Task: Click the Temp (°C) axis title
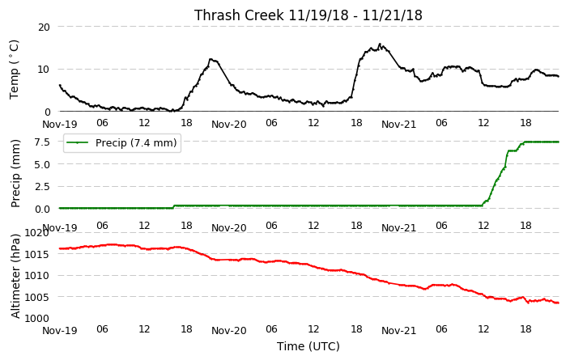click(14, 70)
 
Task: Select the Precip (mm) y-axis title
click(15, 174)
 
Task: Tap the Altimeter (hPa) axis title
click(15, 276)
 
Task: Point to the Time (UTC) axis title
click(308, 346)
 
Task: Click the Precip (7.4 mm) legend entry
click(122, 142)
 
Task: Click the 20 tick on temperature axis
click(44, 27)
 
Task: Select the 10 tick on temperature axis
click(44, 69)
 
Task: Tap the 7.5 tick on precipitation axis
click(42, 142)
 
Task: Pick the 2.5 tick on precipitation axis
click(42, 186)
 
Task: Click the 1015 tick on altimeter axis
click(36, 254)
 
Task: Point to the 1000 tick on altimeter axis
click(36, 318)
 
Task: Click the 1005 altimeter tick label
click(36, 297)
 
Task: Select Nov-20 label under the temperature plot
click(229, 125)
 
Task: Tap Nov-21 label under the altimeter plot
click(399, 331)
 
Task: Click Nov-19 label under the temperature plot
click(60, 125)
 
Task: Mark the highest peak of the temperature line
click(380, 44)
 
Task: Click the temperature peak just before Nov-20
click(211, 59)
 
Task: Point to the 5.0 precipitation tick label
click(42, 164)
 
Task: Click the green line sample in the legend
click(78, 142)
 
